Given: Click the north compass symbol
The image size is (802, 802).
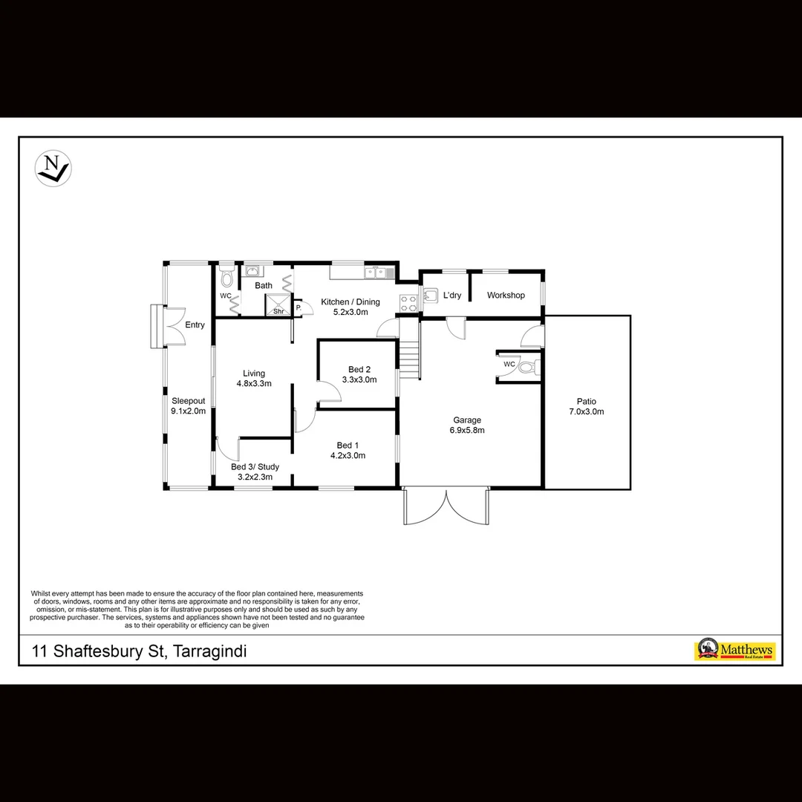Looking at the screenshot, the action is point(53,169).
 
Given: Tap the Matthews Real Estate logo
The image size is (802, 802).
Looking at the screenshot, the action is point(734,650).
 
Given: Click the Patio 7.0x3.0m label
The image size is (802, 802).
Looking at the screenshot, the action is point(587,407).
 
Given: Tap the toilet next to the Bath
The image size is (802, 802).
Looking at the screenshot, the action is point(226,276).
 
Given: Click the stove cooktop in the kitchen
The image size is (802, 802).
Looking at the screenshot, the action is point(409,303).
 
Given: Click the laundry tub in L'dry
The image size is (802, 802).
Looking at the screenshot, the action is point(431,296).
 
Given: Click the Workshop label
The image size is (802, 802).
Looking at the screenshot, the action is point(506,295).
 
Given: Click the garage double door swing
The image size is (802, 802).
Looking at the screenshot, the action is point(446,507).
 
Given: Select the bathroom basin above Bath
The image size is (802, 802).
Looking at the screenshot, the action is point(252,270).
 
